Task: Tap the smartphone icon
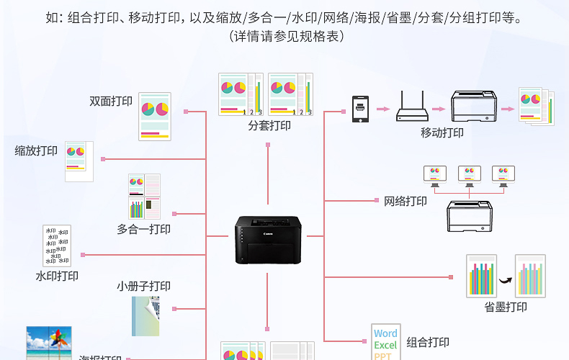pyautogui.click(x=360, y=109)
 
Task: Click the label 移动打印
pyautogui.click(x=442, y=132)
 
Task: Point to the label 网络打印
pyautogui.click(x=405, y=201)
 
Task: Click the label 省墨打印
pyautogui.click(x=505, y=307)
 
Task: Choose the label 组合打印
pyautogui.click(x=428, y=342)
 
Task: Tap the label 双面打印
pyautogui.click(x=111, y=102)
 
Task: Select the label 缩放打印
pyautogui.click(x=36, y=150)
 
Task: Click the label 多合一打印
pyautogui.click(x=143, y=229)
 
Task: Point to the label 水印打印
pyautogui.click(x=57, y=275)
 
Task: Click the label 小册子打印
pyautogui.click(x=143, y=286)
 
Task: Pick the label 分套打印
pyautogui.click(x=269, y=125)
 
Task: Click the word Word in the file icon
pyautogui.click(x=385, y=333)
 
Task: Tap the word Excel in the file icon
pyautogui.click(x=385, y=346)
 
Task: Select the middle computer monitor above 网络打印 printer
pyautogui.click(x=469, y=174)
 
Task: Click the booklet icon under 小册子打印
pyautogui.click(x=145, y=316)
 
